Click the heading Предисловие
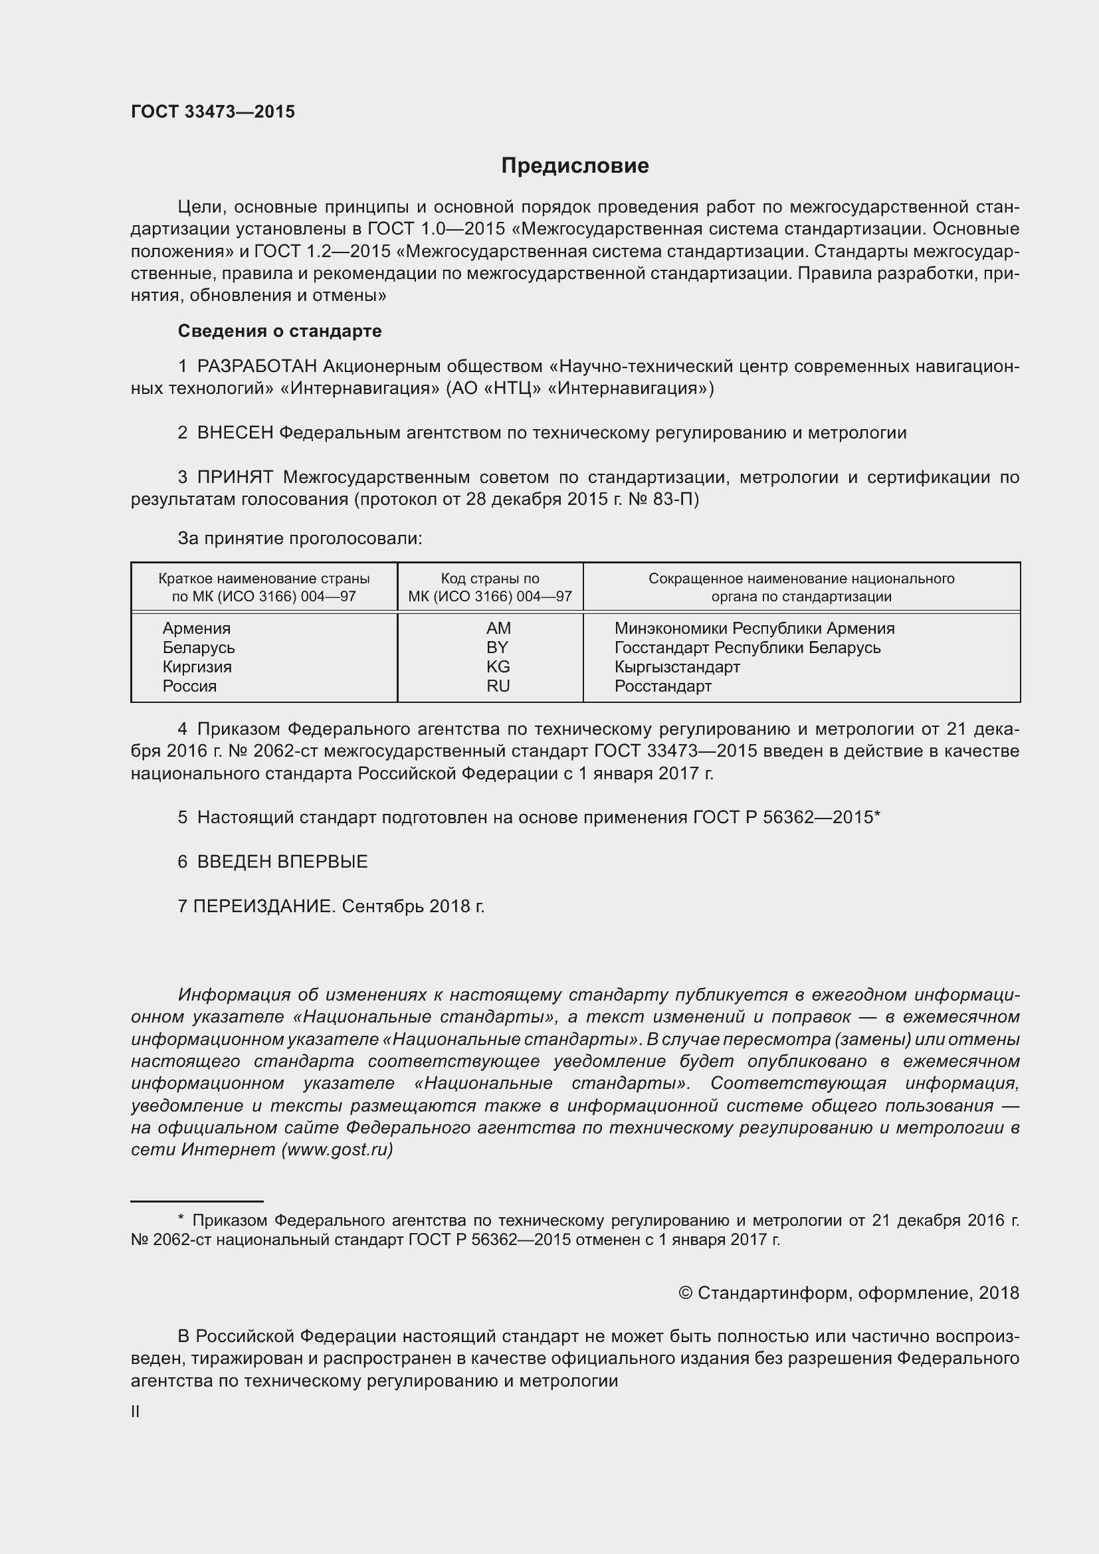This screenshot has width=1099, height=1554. coord(575,166)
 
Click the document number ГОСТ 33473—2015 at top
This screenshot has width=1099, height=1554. coord(213,112)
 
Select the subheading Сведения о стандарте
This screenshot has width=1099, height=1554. coord(280,331)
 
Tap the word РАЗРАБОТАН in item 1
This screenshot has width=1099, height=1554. coord(256,366)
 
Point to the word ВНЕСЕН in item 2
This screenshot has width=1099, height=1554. coord(235,433)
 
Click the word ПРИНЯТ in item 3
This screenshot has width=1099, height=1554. coord(235,477)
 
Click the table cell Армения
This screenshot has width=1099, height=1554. coord(196,628)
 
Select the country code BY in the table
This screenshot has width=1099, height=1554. coord(498,648)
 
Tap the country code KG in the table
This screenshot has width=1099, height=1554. coord(498,666)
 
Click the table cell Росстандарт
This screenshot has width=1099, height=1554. coord(662,686)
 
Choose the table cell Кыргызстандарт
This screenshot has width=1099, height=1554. coord(676,666)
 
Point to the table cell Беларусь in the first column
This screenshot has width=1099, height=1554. coord(198,648)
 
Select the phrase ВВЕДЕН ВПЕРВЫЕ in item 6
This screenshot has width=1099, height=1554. coord(282,862)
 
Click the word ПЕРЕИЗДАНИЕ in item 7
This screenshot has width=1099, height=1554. coord(264,906)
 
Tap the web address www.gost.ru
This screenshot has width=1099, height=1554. coord(337,1150)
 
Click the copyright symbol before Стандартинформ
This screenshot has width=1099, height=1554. coord(685,1293)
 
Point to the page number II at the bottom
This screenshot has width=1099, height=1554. coord(136,1412)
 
